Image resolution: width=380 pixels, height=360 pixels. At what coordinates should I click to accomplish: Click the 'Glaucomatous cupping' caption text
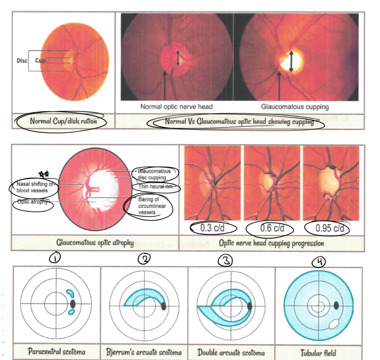(294, 107)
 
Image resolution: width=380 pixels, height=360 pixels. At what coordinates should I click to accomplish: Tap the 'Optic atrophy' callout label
(33, 202)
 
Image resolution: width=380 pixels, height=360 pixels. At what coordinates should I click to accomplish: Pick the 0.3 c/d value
(212, 228)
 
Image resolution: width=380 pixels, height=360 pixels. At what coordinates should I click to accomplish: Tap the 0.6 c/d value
(271, 228)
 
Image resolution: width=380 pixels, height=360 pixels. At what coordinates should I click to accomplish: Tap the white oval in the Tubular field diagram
(334, 323)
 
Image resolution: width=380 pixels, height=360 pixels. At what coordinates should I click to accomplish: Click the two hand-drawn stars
(43, 174)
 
